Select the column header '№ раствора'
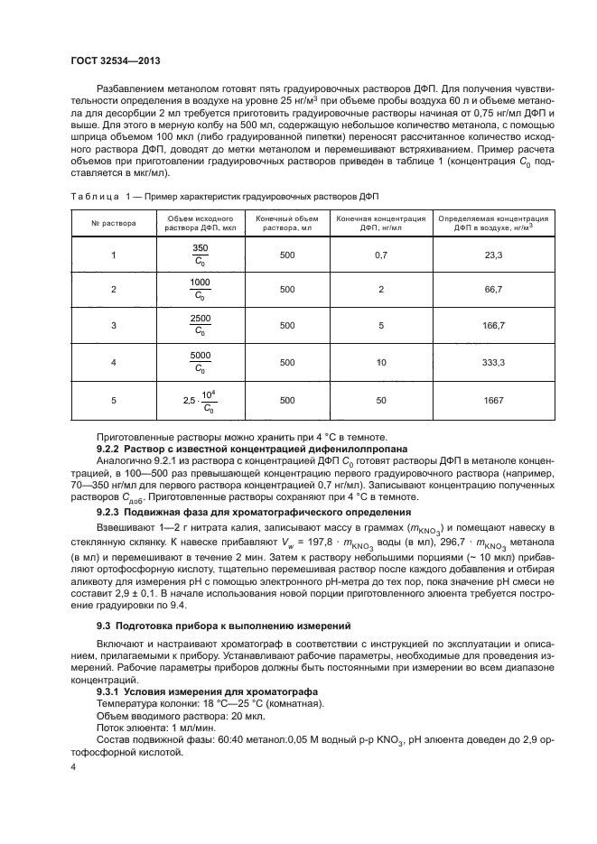click(x=114, y=223)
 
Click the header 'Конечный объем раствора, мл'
click(x=287, y=223)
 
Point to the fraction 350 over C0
click(x=200, y=255)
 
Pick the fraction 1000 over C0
click(x=200, y=289)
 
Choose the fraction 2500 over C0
click(x=200, y=323)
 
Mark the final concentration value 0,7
click(x=380, y=255)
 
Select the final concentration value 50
click(x=380, y=399)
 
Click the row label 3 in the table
click(x=114, y=323)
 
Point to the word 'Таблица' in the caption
click(x=93, y=196)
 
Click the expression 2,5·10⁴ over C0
click(x=200, y=399)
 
